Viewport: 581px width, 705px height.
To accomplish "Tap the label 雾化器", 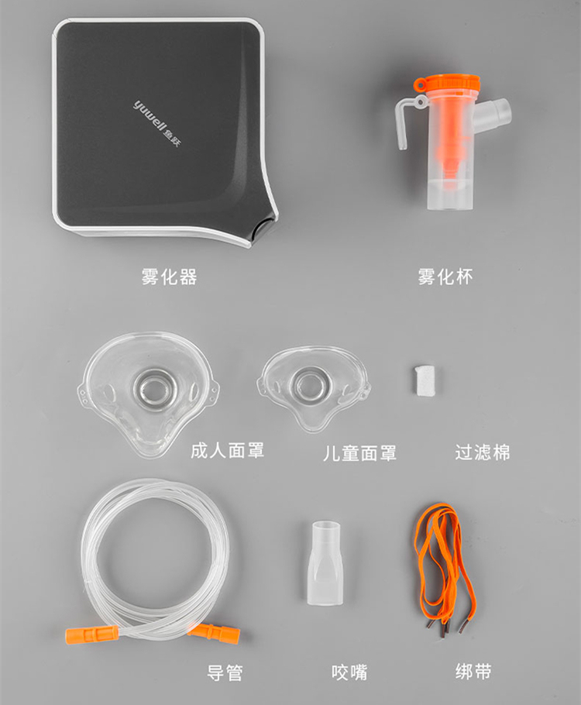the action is pyautogui.click(x=169, y=277).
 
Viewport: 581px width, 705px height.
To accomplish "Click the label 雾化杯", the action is pyautogui.click(x=445, y=277).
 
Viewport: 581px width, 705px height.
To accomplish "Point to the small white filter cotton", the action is pyautogui.click(x=425, y=380).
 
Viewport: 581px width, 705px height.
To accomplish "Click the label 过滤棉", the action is pyautogui.click(x=483, y=452).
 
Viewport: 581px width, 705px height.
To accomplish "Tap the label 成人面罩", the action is pyautogui.click(x=227, y=451).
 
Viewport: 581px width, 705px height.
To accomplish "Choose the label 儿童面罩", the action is pyautogui.click(x=359, y=453).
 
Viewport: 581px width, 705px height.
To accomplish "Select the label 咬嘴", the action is pyautogui.click(x=349, y=672).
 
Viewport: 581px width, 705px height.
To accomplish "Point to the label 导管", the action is pyautogui.click(x=225, y=673).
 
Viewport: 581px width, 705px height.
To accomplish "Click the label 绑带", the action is pyautogui.click(x=473, y=672).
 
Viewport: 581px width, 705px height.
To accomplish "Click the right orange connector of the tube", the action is pyautogui.click(x=215, y=631).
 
